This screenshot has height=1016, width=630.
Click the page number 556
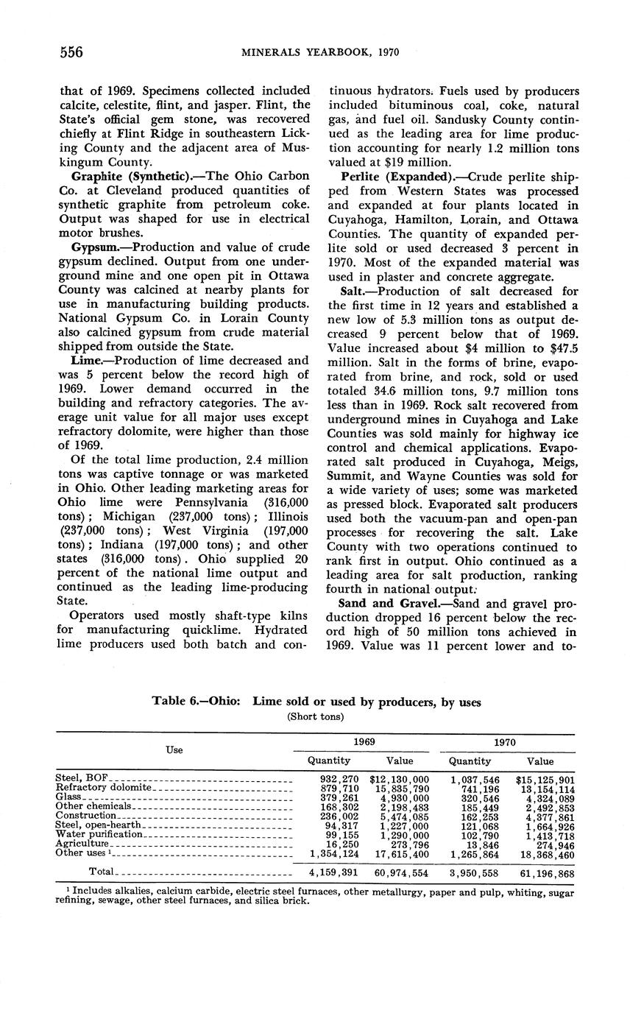click(71, 52)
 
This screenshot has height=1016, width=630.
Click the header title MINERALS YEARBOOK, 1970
click(316, 52)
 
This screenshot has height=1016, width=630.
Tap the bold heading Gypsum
click(95, 247)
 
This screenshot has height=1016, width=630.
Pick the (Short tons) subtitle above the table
click(316, 716)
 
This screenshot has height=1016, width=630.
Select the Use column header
click(174, 749)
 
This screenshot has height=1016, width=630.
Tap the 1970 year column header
click(505, 742)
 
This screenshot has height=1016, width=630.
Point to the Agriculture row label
click(82, 844)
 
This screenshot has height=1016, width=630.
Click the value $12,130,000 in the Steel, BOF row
click(400, 779)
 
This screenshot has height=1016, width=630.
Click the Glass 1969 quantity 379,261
click(339, 797)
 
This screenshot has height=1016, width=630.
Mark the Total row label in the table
click(101, 872)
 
